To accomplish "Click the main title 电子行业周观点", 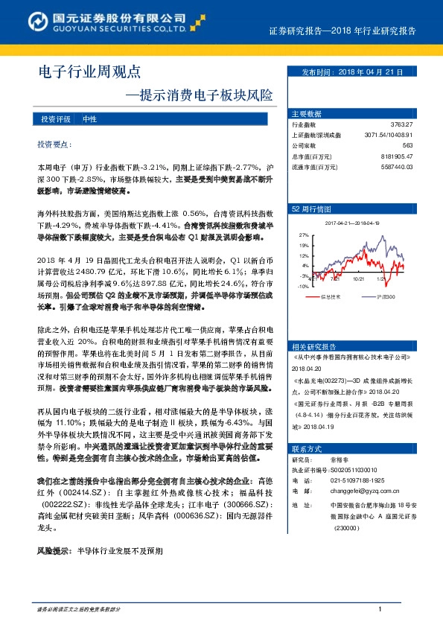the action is click(89, 72).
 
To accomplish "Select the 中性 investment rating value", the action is click(90, 119).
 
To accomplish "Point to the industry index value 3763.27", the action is click(401, 124).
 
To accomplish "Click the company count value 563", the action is click(407, 145).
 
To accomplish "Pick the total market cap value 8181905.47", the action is click(396, 156).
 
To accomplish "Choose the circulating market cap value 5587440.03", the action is click(396, 167).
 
